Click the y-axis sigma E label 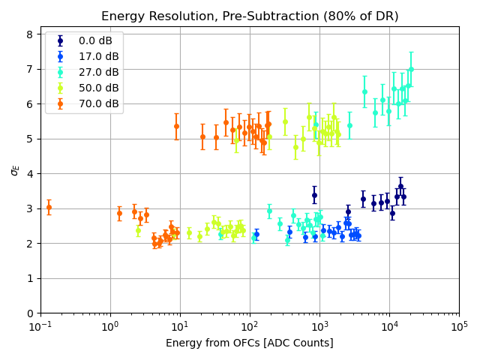(14, 170)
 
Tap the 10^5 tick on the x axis (459, 325)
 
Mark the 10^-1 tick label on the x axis (40, 325)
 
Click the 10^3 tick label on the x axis (319, 325)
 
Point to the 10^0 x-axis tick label (110, 325)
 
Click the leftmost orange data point (49, 207)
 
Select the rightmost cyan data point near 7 (411, 69)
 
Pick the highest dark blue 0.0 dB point (400, 186)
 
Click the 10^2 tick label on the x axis (250, 325)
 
